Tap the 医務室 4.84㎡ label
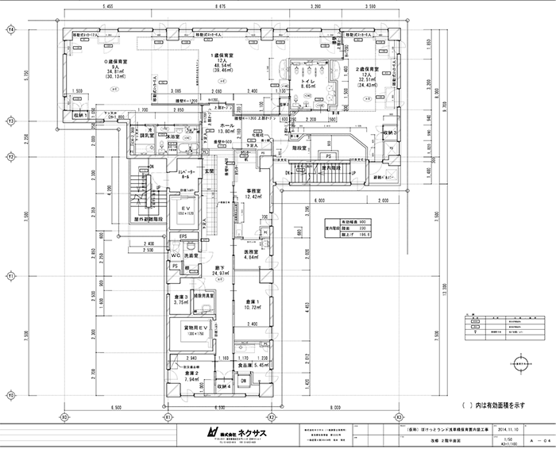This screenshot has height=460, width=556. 253,255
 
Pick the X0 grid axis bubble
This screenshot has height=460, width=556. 63,416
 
